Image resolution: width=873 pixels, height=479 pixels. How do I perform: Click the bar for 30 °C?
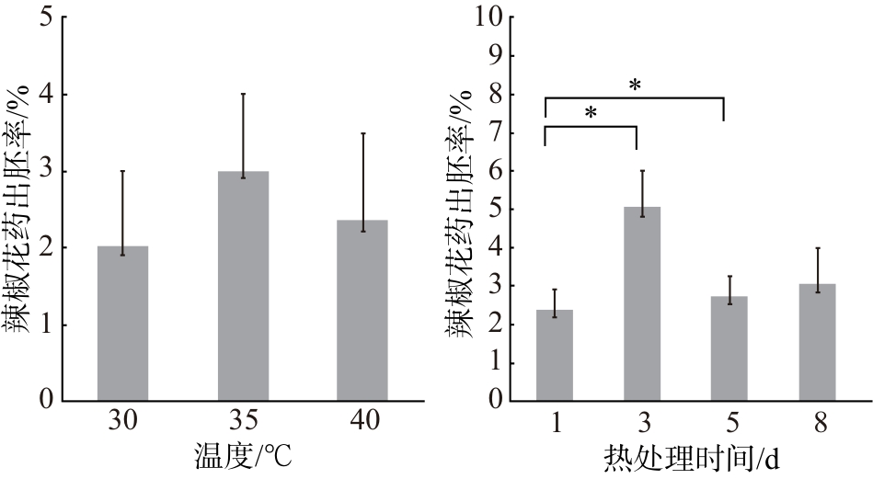(x=122, y=324)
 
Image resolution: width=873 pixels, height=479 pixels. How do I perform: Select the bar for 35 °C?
(x=243, y=286)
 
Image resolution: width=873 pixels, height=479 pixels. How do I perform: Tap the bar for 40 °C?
(x=362, y=311)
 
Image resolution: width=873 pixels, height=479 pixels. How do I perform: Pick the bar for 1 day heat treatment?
(x=555, y=355)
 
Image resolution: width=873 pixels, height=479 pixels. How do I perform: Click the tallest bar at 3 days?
(x=642, y=303)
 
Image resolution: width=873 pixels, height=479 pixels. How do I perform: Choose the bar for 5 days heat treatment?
(x=729, y=348)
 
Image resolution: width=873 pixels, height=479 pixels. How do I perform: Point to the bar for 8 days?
(x=817, y=342)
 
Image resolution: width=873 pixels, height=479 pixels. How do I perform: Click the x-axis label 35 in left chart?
(x=244, y=421)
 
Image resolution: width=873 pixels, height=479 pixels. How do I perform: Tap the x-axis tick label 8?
(x=821, y=423)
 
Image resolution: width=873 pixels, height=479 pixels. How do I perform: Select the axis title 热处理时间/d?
(x=691, y=459)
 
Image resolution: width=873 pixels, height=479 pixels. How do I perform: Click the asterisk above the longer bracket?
(x=635, y=86)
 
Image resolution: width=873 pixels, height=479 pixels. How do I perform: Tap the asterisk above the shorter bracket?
(x=591, y=113)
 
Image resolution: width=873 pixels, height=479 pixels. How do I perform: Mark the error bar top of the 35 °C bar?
(x=243, y=94)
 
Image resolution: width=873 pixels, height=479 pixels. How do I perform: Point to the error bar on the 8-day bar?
(x=817, y=269)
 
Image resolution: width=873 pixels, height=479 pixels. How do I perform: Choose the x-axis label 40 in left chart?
(x=364, y=421)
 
